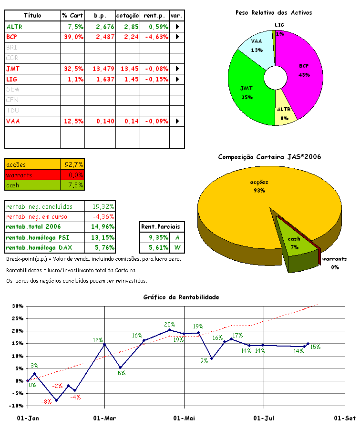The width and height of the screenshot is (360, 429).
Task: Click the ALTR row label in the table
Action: click(x=14, y=27)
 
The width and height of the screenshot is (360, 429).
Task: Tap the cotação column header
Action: click(x=127, y=16)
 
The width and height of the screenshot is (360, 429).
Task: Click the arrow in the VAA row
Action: click(x=177, y=121)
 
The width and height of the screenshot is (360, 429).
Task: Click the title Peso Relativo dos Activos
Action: click(x=274, y=12)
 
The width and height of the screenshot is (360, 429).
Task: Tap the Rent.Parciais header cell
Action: click(x=163, y=227)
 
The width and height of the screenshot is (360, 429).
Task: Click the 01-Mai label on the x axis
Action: click(x=184, y=418)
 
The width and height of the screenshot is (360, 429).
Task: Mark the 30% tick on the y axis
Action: click(x=17, y=306)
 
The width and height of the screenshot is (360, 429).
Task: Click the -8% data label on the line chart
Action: click(x=46, y=402)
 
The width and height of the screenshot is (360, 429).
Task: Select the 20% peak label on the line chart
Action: click(x=169, y=324)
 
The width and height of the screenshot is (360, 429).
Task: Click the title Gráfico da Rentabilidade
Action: click(x=181, y=297)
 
